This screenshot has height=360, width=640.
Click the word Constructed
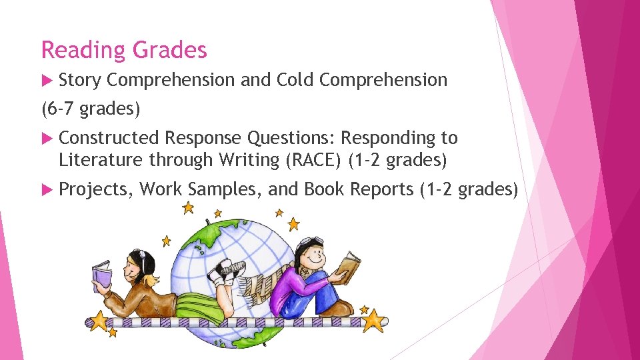point(109,138)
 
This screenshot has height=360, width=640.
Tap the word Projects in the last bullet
point(96,190)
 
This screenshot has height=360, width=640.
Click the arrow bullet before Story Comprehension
point(47,80)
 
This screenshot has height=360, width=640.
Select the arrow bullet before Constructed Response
point(47,138)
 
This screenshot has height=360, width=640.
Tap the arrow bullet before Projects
point(47,190)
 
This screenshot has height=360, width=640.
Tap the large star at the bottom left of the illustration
point(99,321)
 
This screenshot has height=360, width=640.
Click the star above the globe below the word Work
point(189,208)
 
